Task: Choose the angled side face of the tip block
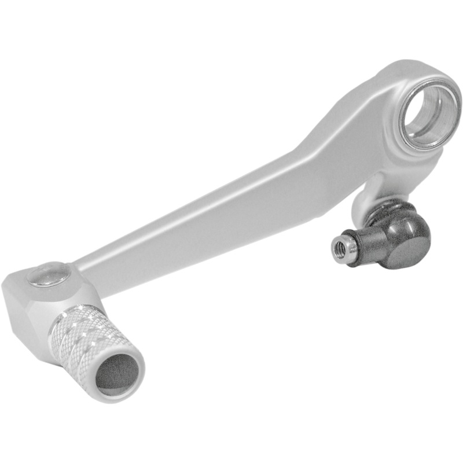(29, 324)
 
